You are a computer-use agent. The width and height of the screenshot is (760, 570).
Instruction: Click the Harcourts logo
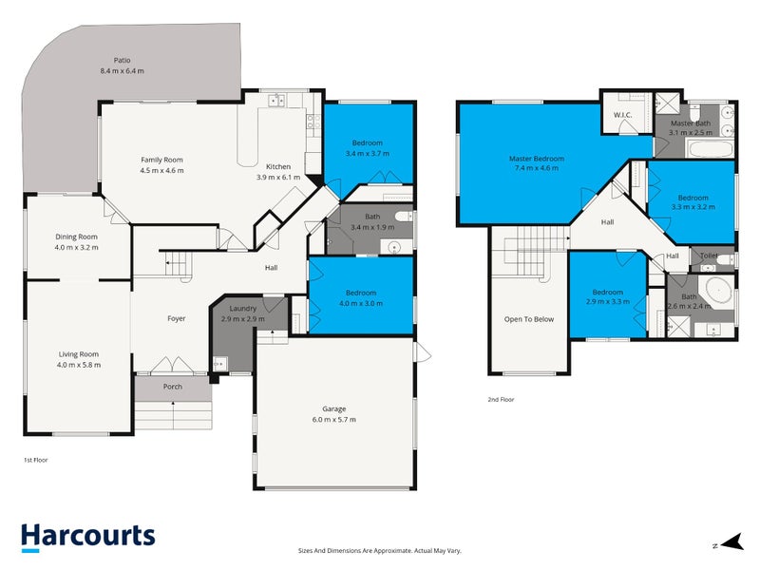click(87, 536)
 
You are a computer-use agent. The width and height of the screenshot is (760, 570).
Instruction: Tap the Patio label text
click(122, 59)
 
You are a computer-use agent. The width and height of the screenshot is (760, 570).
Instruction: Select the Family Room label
click(161, 160)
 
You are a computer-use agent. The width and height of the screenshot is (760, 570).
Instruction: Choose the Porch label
click(173, 387)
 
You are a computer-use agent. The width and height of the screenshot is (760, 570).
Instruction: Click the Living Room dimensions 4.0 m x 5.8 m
click(78, 365)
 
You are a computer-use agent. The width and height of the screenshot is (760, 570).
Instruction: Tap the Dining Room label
click(76, 237)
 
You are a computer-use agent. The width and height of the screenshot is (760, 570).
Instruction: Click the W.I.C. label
click(623, 115)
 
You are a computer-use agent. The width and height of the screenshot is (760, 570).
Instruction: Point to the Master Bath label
click(691, 123)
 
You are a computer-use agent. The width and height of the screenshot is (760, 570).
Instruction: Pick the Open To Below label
click(529, 319)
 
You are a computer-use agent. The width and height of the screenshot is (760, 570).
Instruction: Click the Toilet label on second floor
click(709, 256)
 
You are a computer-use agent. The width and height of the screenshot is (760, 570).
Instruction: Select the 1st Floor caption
click(35, 460)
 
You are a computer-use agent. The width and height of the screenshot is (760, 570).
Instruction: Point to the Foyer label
click(177, 318)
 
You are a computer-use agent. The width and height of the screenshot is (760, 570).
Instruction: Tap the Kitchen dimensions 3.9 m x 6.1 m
click(278, 178)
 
